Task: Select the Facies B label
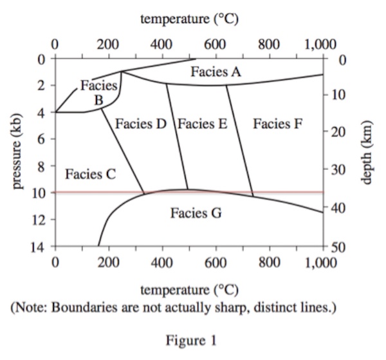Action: [x=98, y=92]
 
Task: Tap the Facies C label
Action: [x=90, y=173]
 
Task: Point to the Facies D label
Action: [x=141, y=123]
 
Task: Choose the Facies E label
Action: [x=203, y=123]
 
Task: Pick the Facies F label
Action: [x=277, y=123]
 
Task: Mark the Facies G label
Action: [x=196, y=212]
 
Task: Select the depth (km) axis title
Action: [x=367, y=153]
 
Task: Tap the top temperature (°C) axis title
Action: [x=189, y=19]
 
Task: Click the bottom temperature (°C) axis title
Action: [x=189, y=289]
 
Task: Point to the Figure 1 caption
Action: [x=192, y=339]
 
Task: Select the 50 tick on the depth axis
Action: [x=341, y=247]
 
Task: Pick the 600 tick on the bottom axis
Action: [x=216, y=262]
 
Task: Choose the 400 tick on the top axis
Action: [x=161, y=44]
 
